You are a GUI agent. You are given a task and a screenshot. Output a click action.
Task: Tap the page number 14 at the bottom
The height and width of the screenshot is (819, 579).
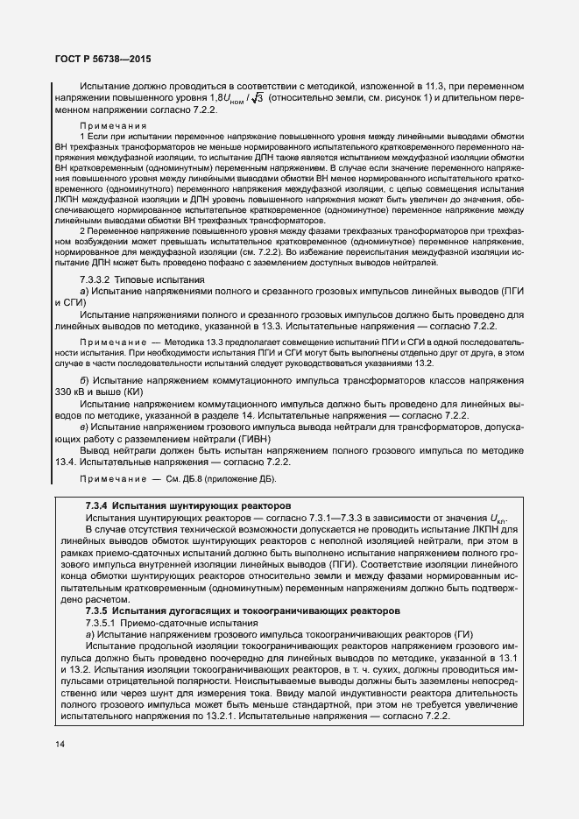coord(59,744)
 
